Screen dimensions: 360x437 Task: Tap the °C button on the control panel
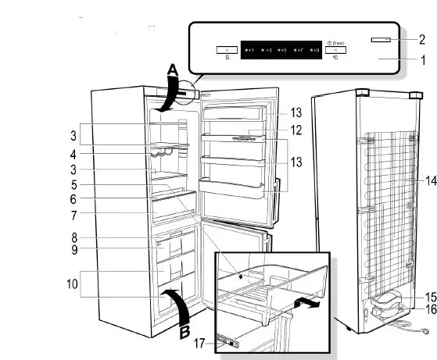[x=335, y=51]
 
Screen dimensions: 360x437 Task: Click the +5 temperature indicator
[x=282, y=50]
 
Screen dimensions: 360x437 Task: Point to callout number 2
[x=421, y=38]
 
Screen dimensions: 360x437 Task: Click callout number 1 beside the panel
[x=421, y=59]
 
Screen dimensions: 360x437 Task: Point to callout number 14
[x=429, y=180]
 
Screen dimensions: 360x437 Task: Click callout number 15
[x=429, y=297]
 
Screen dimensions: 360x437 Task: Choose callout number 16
[x=429, y=310]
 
